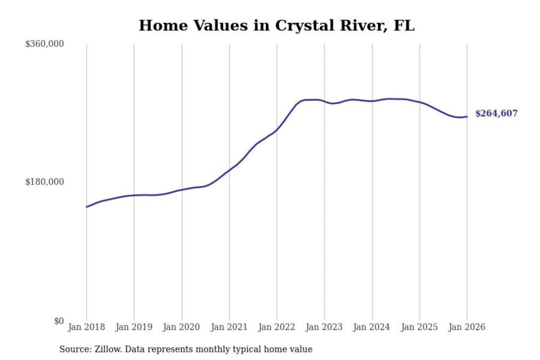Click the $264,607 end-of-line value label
496,113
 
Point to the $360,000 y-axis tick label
45,44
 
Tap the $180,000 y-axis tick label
45,182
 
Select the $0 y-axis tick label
59,321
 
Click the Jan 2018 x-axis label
86,327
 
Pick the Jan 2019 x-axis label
134,327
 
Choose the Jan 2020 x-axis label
181,327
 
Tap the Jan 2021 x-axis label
229,327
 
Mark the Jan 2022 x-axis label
277,327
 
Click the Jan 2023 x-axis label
324,327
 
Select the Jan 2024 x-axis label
372,327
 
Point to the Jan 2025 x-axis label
419,327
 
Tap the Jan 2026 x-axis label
467,327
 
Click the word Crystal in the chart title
304,25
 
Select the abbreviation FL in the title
404,25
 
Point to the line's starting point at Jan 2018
87,207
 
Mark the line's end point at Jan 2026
467,117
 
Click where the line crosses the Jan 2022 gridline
277,129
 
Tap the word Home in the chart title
163,25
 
